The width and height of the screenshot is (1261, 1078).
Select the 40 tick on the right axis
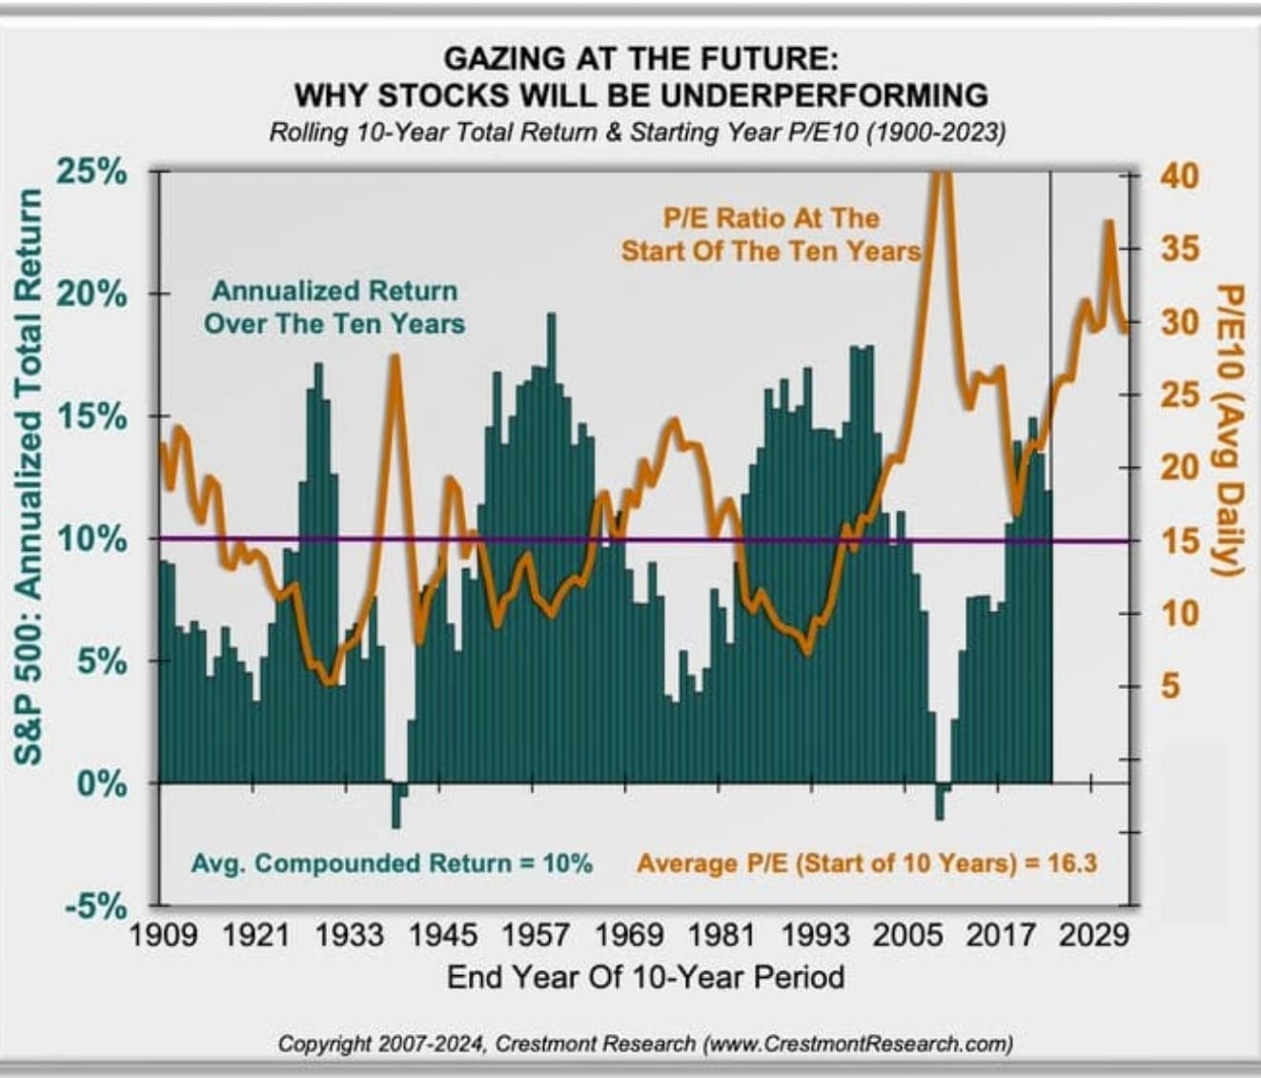[1180, 175]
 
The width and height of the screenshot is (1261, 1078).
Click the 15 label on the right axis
[1180, 540]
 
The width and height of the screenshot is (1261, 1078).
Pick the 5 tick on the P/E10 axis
[1169, 686]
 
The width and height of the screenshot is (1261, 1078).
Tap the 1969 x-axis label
[630, 934]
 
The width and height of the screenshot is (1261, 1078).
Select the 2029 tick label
[1094, 934]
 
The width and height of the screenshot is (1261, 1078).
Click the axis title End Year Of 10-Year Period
[645, 977]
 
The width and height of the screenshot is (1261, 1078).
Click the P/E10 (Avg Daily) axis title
[1231, 429]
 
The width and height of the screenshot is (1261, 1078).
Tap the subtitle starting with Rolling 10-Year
[637, 132]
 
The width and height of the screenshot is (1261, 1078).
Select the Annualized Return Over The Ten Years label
[335, 307]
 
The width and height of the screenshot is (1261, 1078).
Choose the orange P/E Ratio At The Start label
[771, 234]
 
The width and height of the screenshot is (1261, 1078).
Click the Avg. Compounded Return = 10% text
[392, 864]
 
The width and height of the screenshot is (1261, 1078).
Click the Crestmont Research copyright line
[645, 1044]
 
